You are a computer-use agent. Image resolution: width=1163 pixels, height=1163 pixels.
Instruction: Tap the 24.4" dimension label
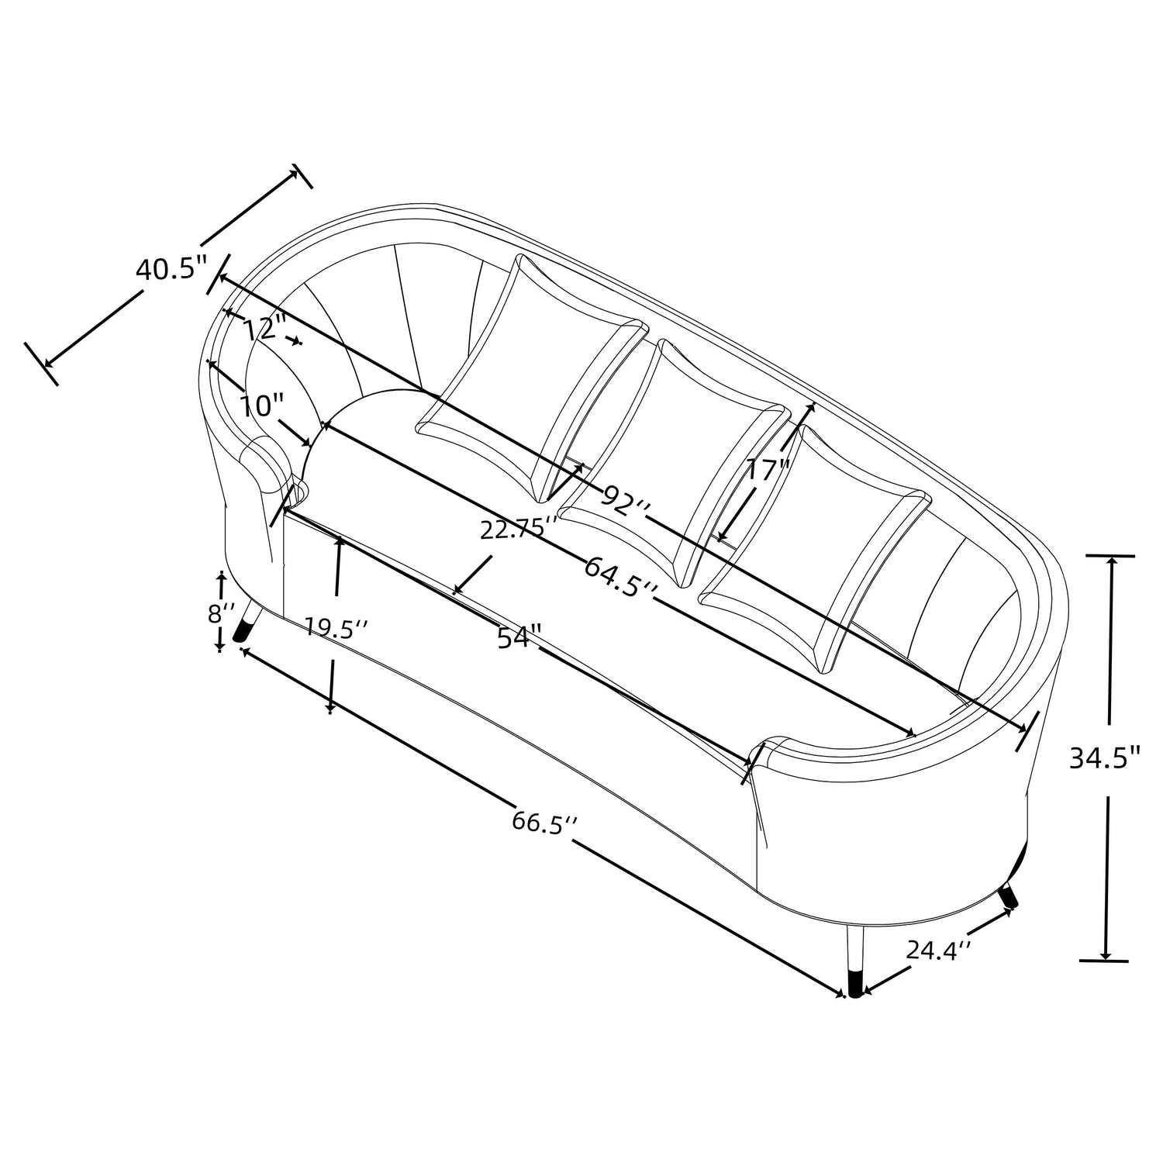click(x=939, y=949)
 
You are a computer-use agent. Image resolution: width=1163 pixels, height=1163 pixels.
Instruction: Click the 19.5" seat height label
click(x=335, y=627)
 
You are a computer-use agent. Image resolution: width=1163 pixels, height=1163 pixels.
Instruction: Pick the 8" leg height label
click(x=220, y=613)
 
